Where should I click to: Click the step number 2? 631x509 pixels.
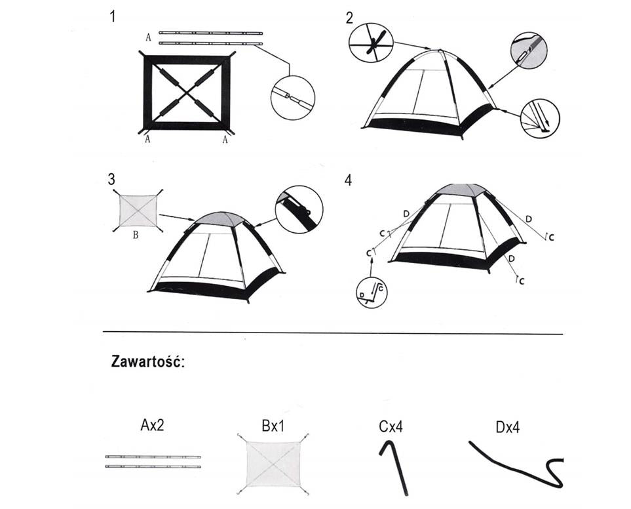[x=349, y=18]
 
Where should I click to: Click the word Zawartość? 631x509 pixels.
[x=148, y=363]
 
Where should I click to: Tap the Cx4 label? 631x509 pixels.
[x=391, y=427]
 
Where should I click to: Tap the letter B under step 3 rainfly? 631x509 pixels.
[x=135, y=234]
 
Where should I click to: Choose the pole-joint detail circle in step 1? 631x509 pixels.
[x=292, y=98]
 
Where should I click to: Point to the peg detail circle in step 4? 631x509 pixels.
[x=372, y=293]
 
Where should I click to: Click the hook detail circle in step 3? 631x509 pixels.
[x=299, y=209]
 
